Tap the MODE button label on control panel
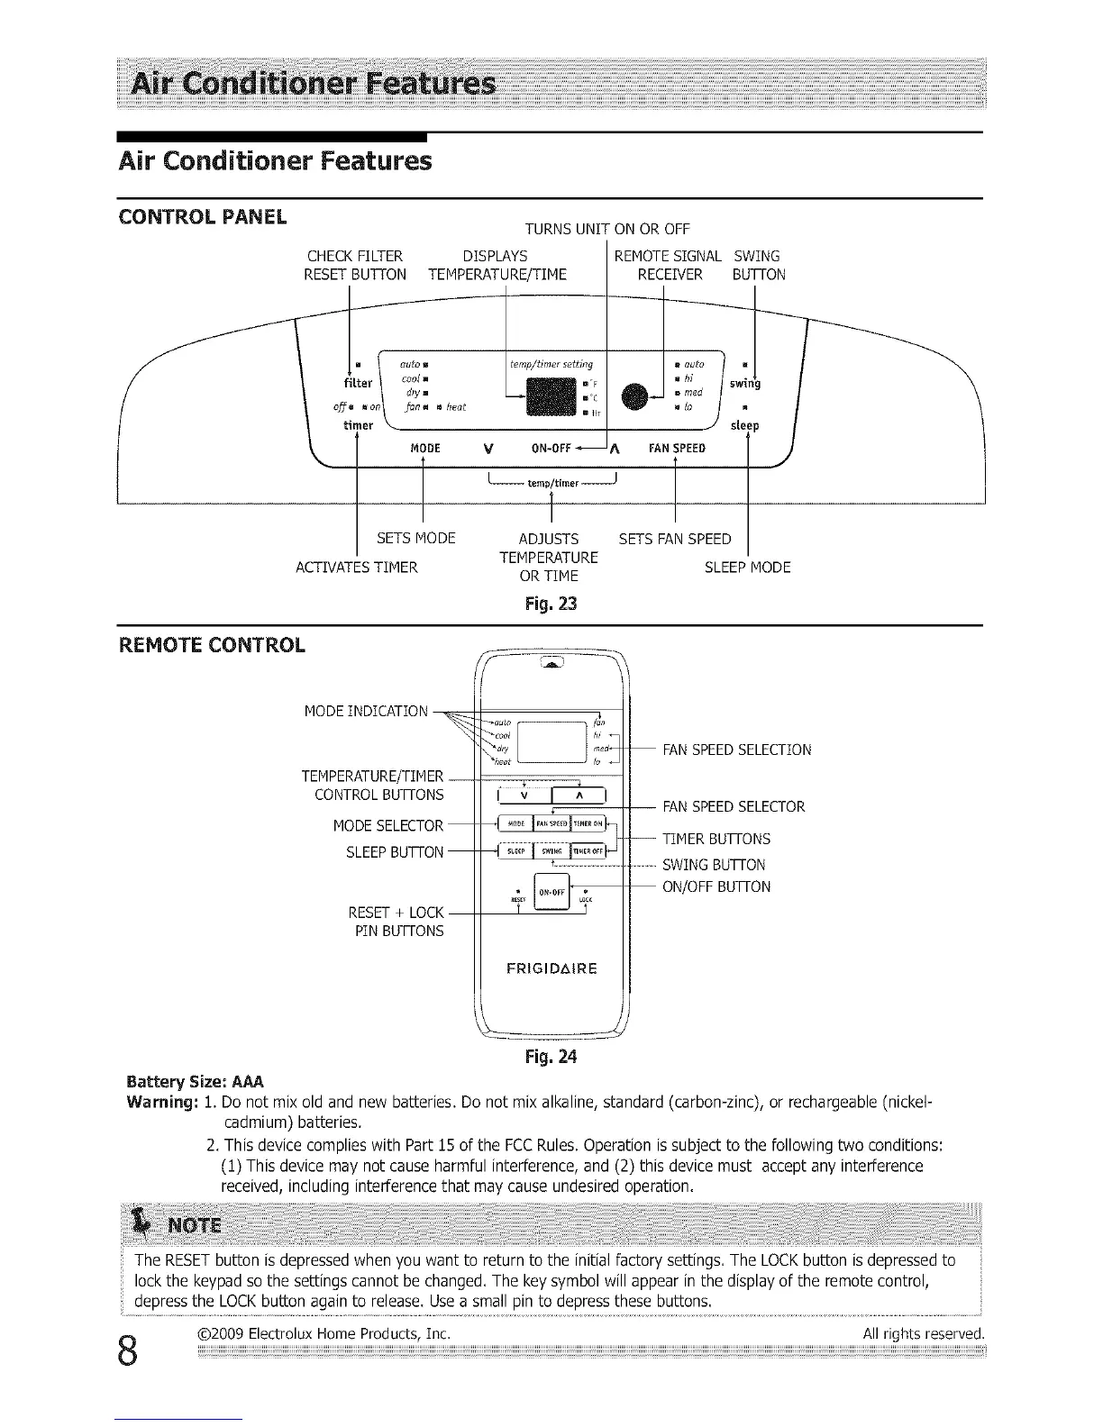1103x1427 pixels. (424, 448)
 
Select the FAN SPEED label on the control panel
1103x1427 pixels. (677, 448)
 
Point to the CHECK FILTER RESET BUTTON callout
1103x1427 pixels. (355, 265)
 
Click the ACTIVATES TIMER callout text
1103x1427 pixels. (357, 568)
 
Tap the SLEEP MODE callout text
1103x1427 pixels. (747, 568)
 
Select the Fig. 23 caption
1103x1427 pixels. (551, 603)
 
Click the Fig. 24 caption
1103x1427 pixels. (551, 1056)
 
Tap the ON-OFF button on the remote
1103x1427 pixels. (551, 893)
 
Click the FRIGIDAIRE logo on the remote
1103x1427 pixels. (551, 969)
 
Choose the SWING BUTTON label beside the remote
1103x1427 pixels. (714, 865)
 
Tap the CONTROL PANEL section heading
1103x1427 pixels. (203, 217)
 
